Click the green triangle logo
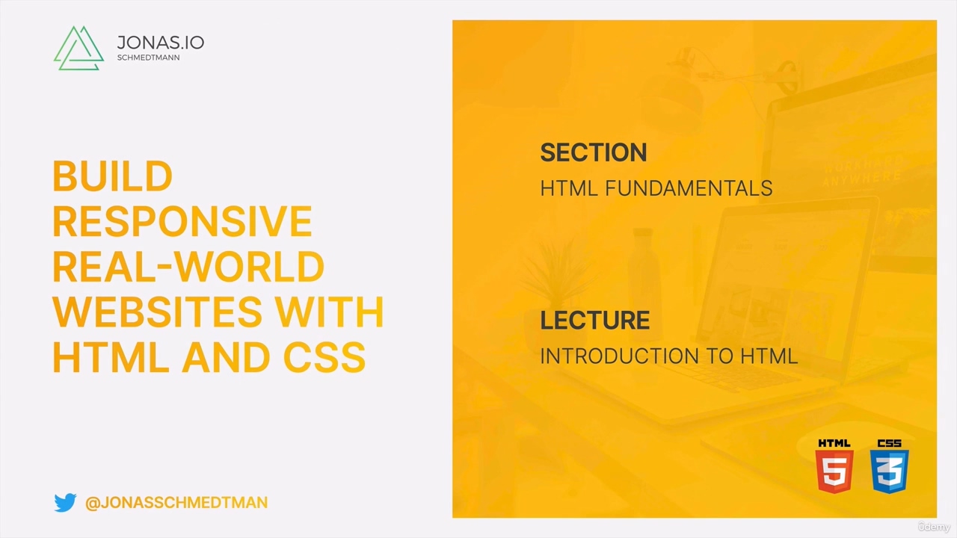[x=79, y=49]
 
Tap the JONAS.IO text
[x=160, y=42]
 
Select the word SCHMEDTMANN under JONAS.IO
[x=148, y=58]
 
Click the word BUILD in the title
[x=112, y=177]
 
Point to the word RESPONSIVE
[x=182, y=222]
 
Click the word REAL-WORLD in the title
[x=188, y=267]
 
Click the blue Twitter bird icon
[x=65, y=503]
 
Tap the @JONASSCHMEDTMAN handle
[x=176, y=503]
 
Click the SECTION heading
[x=594, y=152]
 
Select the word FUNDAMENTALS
[x=689, y=188]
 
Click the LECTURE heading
[x=595, y=321]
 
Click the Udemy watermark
[x=934, y=527]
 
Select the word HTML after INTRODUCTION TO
[x=769, y=356]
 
